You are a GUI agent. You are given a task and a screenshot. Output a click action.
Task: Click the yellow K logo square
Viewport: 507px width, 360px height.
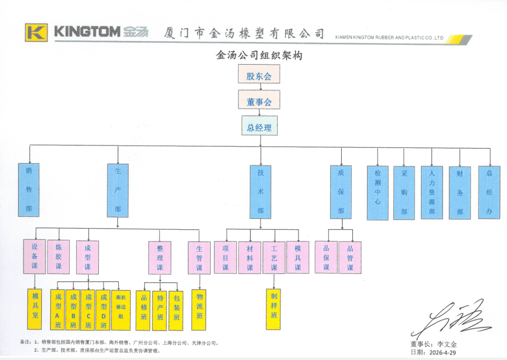(x=36, y=32)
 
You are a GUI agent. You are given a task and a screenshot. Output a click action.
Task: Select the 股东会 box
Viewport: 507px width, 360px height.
(x=259, y=74)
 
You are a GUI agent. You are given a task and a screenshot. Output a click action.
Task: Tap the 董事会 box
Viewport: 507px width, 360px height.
(x=259, y=100)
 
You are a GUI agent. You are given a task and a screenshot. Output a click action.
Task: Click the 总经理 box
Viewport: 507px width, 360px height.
(x=259, y=126)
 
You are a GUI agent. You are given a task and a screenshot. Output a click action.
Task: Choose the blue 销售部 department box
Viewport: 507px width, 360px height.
(x=29, y=190)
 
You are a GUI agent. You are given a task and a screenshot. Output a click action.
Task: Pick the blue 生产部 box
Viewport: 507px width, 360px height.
(x=118, y=191)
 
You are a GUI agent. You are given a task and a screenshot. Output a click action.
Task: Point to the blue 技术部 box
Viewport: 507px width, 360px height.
(x=260, y=192)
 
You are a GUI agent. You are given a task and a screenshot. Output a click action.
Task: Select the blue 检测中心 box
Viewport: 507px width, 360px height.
(x=378, y=193)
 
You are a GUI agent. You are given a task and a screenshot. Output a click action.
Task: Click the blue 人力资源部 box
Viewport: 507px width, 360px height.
(x=431, y=193)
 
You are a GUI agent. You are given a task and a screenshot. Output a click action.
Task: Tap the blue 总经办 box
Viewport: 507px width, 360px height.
(x=489, y=193)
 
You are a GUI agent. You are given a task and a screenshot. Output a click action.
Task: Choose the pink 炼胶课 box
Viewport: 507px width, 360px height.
(x=59, y=257)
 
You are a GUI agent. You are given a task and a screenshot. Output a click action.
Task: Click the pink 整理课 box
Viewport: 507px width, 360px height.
(x=160, y=258)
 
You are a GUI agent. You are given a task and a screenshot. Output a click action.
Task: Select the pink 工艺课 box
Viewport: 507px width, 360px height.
(x=274, y=258)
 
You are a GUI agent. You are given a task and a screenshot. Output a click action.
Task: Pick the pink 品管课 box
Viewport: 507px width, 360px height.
(x=350, y=258)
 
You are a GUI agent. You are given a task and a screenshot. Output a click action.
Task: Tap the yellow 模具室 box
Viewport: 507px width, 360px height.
(x=35, y=309)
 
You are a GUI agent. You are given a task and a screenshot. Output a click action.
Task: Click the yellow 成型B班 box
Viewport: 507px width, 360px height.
(x=73, y=310)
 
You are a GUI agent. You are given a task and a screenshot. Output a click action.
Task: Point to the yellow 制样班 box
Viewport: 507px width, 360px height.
(x=274, y=309)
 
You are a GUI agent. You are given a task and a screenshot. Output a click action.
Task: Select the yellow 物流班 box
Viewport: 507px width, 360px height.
(x=199, y=310)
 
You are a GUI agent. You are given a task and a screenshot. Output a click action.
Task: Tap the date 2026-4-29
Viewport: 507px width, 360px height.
(x=443, y=352)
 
